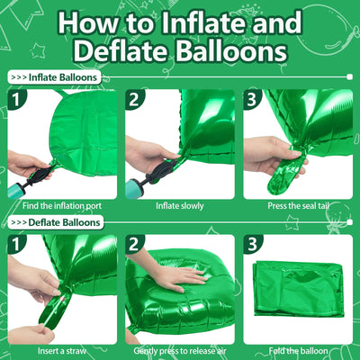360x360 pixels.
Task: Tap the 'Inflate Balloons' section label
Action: click(x=64, y=77)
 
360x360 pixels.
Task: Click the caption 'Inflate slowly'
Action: click(x=179, y=206)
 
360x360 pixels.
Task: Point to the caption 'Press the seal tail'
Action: click(x=298, y=206)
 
